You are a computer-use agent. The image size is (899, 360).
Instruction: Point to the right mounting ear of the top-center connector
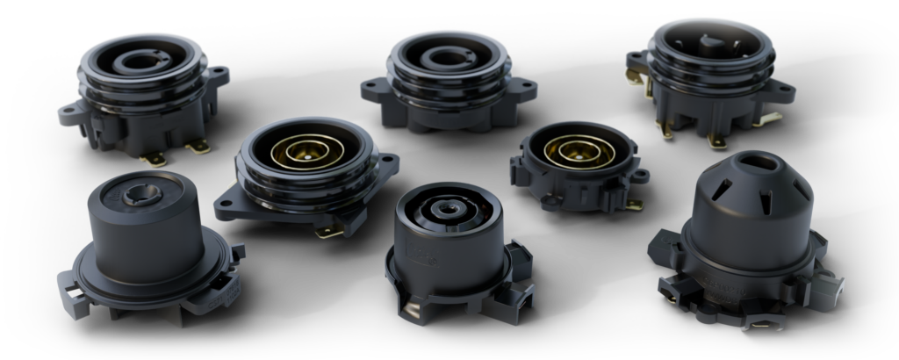coord(528,88)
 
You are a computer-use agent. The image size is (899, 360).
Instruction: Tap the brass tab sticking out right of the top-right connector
coord(772,119)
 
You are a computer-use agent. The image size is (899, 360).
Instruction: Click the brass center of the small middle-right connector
coord(577,151)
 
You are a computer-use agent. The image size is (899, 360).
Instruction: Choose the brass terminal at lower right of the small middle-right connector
coord(634,204)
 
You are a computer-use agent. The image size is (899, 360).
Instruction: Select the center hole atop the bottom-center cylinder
coord(449,211)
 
